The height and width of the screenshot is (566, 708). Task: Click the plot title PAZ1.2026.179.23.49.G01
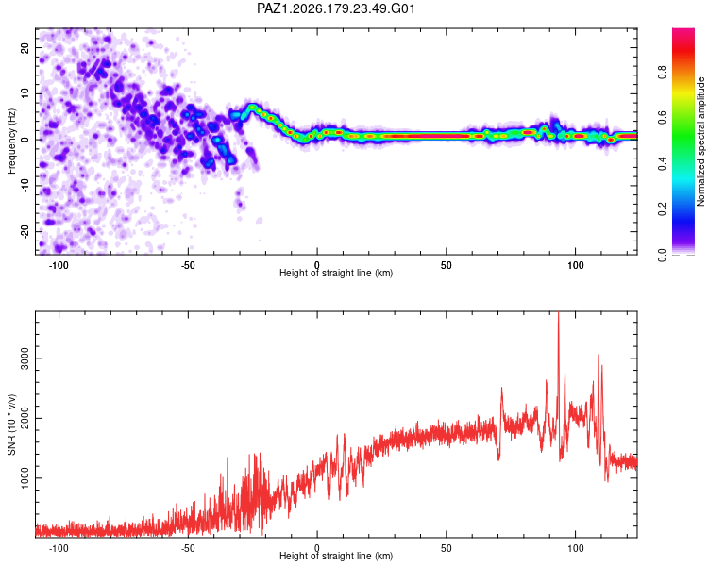(x=335, y=8)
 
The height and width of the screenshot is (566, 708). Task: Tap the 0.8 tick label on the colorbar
(x=662, y=73)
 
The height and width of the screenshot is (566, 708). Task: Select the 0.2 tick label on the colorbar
(x=662, y=209)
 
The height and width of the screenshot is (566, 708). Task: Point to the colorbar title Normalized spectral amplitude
(x=700, y=141)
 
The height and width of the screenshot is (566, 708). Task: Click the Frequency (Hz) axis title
(x=11, y=141)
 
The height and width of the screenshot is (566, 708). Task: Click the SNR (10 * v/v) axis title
(x=11, y=424)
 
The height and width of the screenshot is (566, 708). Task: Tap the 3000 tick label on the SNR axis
(x=25, y=358)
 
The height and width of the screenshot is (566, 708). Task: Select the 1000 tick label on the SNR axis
(x=25, y=478)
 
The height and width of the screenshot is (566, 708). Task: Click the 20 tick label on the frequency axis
(x=25, y=47)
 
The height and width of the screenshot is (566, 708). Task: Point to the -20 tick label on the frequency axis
(x=25, y=231)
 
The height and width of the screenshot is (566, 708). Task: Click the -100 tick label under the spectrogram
(x=59, y=265)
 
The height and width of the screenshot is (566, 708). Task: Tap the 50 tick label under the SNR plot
(x=447, y=548)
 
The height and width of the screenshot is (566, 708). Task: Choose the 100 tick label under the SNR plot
(x=575, y=548)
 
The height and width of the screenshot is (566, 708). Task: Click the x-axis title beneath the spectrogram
(x=336, y=273)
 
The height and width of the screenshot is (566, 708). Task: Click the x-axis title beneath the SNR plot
(x=336, y=556)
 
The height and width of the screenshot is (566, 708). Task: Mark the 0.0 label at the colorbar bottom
(x=662, y=255)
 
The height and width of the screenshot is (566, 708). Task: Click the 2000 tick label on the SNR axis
(x=25, y=419)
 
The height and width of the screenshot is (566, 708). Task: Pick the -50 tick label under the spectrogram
(x=188, y=265)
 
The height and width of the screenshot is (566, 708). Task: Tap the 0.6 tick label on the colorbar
(x=662, y=118)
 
